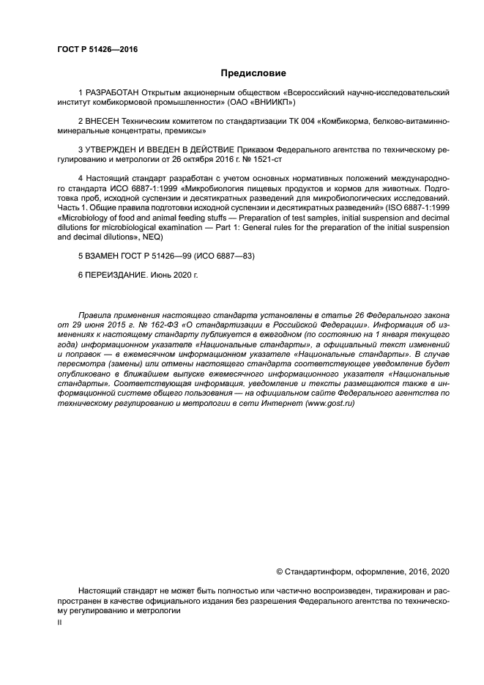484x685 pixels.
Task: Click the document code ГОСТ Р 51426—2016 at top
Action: [x=97, y=50]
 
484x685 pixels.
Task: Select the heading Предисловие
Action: [x=253, y=73]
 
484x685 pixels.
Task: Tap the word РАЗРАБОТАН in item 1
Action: [x=112, y=93]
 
